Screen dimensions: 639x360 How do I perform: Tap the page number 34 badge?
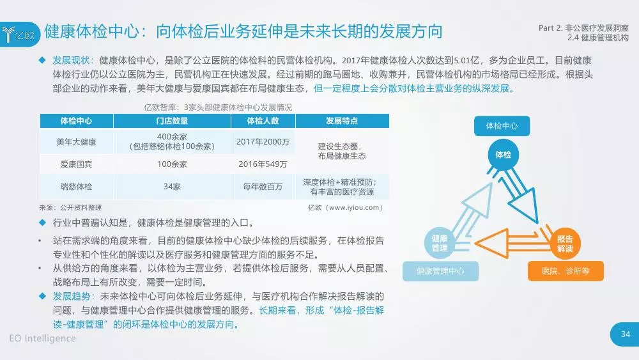(625, 334)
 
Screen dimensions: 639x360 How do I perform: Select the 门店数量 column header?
(172, 121)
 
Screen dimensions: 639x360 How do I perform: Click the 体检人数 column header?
(263, 121)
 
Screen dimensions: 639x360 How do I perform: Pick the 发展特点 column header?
(342, 121)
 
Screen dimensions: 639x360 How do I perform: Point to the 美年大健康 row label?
(76, 142)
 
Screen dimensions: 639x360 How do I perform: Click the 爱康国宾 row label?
(76, 164)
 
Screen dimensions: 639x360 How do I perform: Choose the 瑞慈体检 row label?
(76, 187)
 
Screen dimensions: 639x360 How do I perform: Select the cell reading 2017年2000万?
(263, 142)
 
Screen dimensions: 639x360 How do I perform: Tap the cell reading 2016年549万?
(263, 164)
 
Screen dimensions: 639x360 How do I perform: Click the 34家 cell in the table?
(172, 187)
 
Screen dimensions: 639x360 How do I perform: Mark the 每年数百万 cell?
(263, 187)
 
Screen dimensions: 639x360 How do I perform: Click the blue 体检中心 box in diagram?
(502, 126)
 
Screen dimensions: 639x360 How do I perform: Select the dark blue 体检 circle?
(504, 155)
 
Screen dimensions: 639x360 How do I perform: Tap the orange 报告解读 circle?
(565, 244)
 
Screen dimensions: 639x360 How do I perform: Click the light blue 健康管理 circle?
(440, 244)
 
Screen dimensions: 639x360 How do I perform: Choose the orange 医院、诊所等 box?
(566, 271)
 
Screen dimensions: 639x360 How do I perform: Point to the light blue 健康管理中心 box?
(440, 271)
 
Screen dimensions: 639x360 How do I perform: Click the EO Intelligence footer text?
(42, 338)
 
